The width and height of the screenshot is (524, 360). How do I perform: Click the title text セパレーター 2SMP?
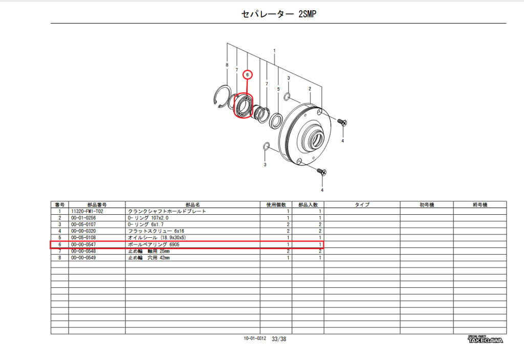pos(278,14)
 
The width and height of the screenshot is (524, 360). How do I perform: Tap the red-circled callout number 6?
pos(247,75)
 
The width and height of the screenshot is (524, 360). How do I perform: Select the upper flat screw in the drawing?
pos(342,122)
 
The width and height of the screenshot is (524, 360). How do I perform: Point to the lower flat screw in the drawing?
pos(321,172)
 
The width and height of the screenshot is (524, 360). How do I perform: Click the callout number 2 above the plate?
pos(310,89)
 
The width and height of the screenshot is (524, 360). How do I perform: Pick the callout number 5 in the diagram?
pos(278,89)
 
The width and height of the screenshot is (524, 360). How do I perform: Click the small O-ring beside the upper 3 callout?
pos(287,97)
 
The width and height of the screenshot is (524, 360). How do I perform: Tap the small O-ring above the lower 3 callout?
pos(266,146)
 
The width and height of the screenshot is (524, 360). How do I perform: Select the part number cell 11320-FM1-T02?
pos(87,211)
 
